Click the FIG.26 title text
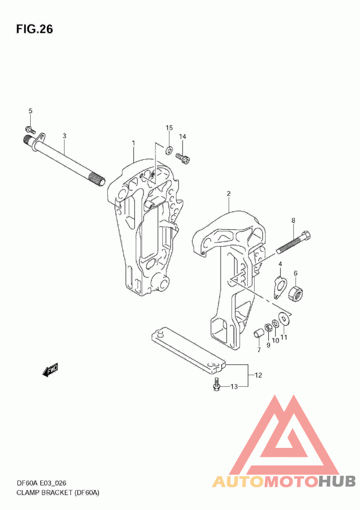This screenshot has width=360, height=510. coord(34,29)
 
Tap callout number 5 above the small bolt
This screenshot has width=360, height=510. coord(31,111)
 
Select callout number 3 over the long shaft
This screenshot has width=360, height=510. coord(64,135)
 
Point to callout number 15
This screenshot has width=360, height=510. coord(169,128)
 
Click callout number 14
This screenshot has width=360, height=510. coord(183,136)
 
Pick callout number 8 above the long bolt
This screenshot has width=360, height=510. coord(293,221)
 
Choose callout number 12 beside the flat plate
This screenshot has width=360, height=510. coord(258,375)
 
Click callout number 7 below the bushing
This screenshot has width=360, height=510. coord(259,350)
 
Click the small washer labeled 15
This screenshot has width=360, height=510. coord(169,149)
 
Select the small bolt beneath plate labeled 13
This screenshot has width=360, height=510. coord(216,384)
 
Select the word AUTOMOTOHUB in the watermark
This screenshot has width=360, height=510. coord(284,481)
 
